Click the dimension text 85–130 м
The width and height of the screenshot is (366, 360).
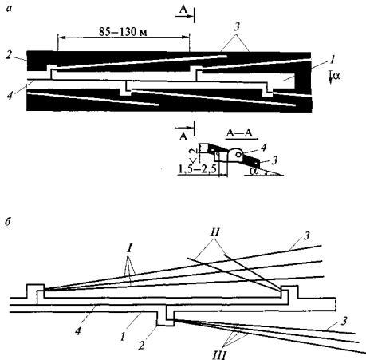pos(123,32)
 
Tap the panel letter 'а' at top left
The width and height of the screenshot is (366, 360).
pos(10,9)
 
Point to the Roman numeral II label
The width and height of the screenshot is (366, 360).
pos(214,232)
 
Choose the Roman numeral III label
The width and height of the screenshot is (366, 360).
pos(219,355)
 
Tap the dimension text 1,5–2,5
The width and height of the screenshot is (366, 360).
pos(197,168)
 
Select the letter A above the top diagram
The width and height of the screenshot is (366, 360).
pos(183,10)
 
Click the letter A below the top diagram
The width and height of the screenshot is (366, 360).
pos(183,136)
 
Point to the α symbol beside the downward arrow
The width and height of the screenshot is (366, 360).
pos(336,77)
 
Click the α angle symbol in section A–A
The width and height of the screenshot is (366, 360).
pos(254,171)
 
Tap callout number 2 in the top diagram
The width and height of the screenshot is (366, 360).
pos(10,56)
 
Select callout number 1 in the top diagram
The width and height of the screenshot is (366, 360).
pos(332,60)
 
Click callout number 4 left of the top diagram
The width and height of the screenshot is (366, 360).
pos(10,95)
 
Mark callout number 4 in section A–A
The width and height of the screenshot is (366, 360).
pos(263,148)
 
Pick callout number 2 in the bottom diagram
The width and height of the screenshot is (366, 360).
pos(141,346)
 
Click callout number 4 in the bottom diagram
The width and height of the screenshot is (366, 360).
pos(78,330)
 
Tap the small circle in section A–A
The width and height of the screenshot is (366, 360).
pos(238,154)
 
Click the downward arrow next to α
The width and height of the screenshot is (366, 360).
pos(330,77)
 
